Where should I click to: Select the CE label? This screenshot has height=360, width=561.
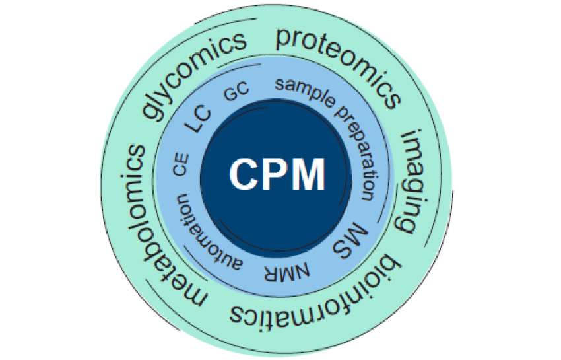180,164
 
